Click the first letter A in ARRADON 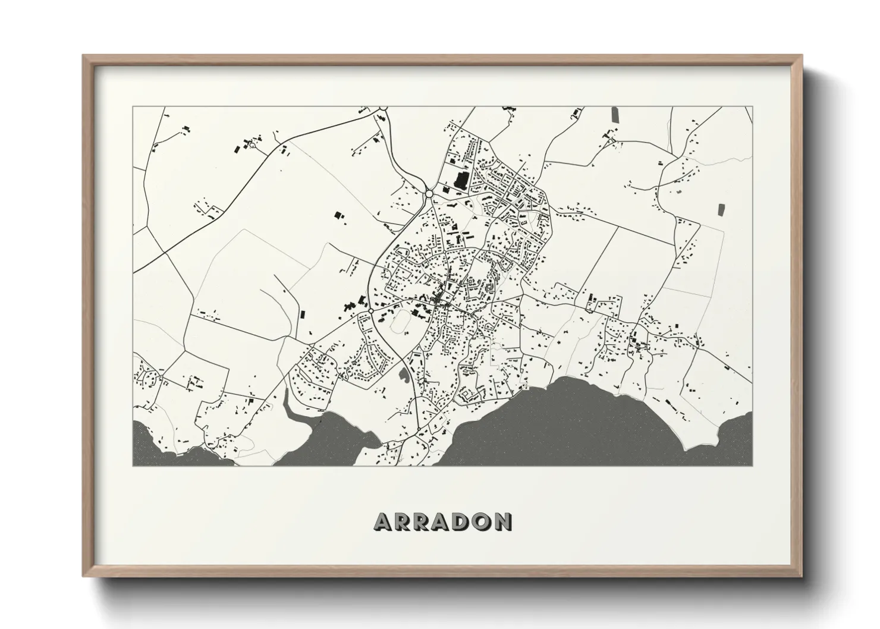pos(384,522)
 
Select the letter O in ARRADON pos(481,522)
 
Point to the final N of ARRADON pos(502,522)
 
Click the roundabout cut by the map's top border pos(382,108)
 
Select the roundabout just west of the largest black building pos(429,194)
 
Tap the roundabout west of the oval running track pos(370,311)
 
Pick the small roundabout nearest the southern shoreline pos(419,429)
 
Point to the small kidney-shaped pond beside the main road pos(404,375)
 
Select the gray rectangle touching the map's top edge pos(614,114)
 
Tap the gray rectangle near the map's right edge pos(722,210)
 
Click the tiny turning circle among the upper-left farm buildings pos(252,144)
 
